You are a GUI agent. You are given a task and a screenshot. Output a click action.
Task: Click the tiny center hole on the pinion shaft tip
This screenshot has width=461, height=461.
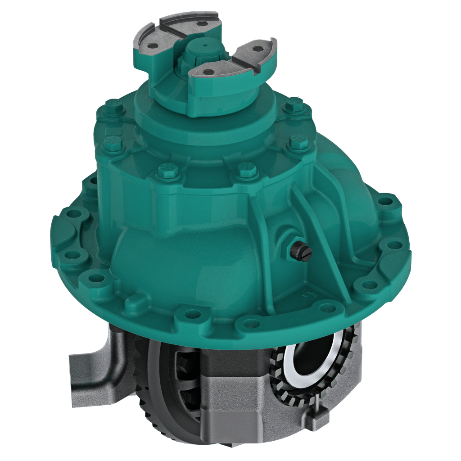(x=205, y=45)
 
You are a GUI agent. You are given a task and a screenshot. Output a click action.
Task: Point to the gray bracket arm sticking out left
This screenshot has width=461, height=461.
(x=90, y=369)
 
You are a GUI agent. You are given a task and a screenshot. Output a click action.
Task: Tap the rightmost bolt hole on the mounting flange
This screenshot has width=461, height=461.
(x=394, y=245)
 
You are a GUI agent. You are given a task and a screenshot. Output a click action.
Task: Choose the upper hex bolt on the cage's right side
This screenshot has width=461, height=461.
(x=294, y=105)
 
